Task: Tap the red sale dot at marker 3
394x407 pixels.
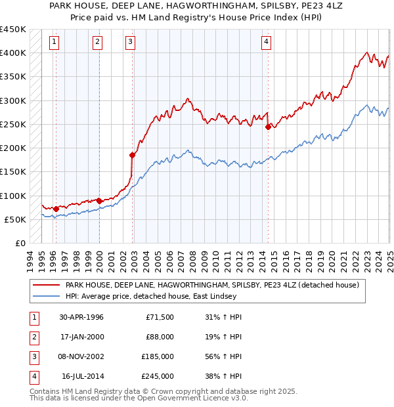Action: tap(132, 155)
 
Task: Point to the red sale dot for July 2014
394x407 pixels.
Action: tap(268, 127)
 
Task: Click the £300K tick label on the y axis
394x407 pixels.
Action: tap(13, 100)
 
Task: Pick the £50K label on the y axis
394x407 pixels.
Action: tap(16, 219)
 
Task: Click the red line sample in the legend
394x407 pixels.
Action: tap(46, 286)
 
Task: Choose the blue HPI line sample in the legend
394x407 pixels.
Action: tap(46, 297)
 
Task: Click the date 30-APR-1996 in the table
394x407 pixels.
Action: tap(81, 317)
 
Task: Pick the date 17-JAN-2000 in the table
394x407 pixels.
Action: tap(81, 337)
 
